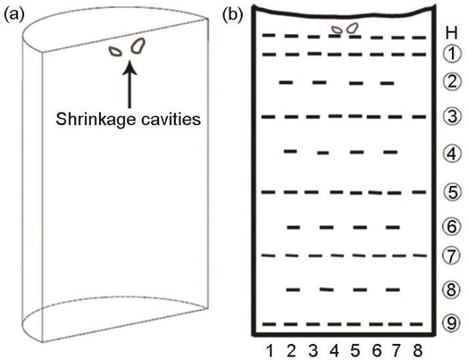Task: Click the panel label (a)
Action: point(14,15)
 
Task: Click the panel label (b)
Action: point(233,15)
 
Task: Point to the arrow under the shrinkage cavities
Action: point(130,84)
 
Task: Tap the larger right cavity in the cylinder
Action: point(138,46)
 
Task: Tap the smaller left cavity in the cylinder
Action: point(116,52)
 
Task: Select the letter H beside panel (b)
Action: point(451,33)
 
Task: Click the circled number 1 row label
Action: point(452,54)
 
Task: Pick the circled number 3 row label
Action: point(452,116)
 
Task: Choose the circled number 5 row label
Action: point(453,192)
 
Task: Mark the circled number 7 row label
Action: point(451,256)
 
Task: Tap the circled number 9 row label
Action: point(451,323)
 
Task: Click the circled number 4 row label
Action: point(452,153)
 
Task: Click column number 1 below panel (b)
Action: point(270,351)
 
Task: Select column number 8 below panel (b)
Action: point(418,351)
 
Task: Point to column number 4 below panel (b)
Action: point(334,351)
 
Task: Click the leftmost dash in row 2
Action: point(286,82)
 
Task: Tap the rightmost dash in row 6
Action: point(393,228)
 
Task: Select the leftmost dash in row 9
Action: point(269,324)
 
